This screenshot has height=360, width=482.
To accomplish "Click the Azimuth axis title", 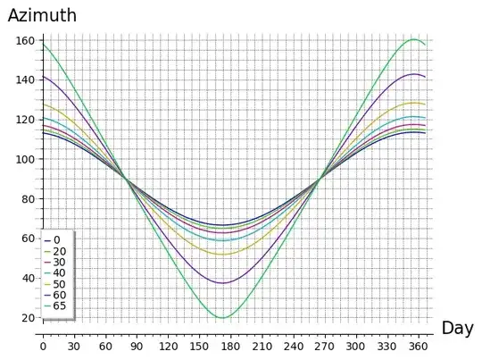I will [42, 15].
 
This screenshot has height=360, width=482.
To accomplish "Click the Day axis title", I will [457, 328].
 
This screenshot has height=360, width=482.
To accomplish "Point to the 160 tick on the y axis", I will [25, 40].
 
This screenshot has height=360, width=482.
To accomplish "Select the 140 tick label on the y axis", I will [25, 80].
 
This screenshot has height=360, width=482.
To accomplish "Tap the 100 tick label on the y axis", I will [25, 159].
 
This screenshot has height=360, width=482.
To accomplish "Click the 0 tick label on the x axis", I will [42, 346].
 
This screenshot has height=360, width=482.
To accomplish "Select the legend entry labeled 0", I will [56, 240].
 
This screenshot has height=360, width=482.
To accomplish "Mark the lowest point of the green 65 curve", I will [222, 317].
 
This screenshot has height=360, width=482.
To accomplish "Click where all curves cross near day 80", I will [125, 179].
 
